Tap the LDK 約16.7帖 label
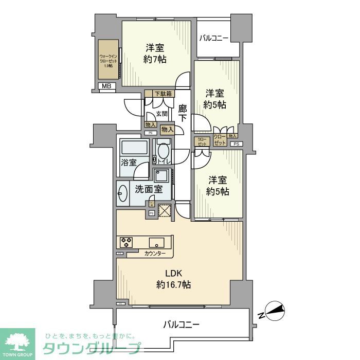pyautogui.click(x=173, y=278)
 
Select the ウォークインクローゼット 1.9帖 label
pyautogui.click(x=108, y=61)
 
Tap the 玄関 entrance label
pyautogui.click(x=161, y=114)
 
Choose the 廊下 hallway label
pyautogui.click(x=183, y=114)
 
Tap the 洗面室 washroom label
pyautogui.click(x=149, y=189)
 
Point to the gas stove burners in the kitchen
pyautogui.click(x=126, y=241)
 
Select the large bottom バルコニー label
pyautogui.click(x=181, y=325)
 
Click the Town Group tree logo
pyautogui.click(x=17, y=341)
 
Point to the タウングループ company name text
pyautogui.click(x=91, y=348)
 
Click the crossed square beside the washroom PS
pyautogui.click(x=164, y=210)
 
